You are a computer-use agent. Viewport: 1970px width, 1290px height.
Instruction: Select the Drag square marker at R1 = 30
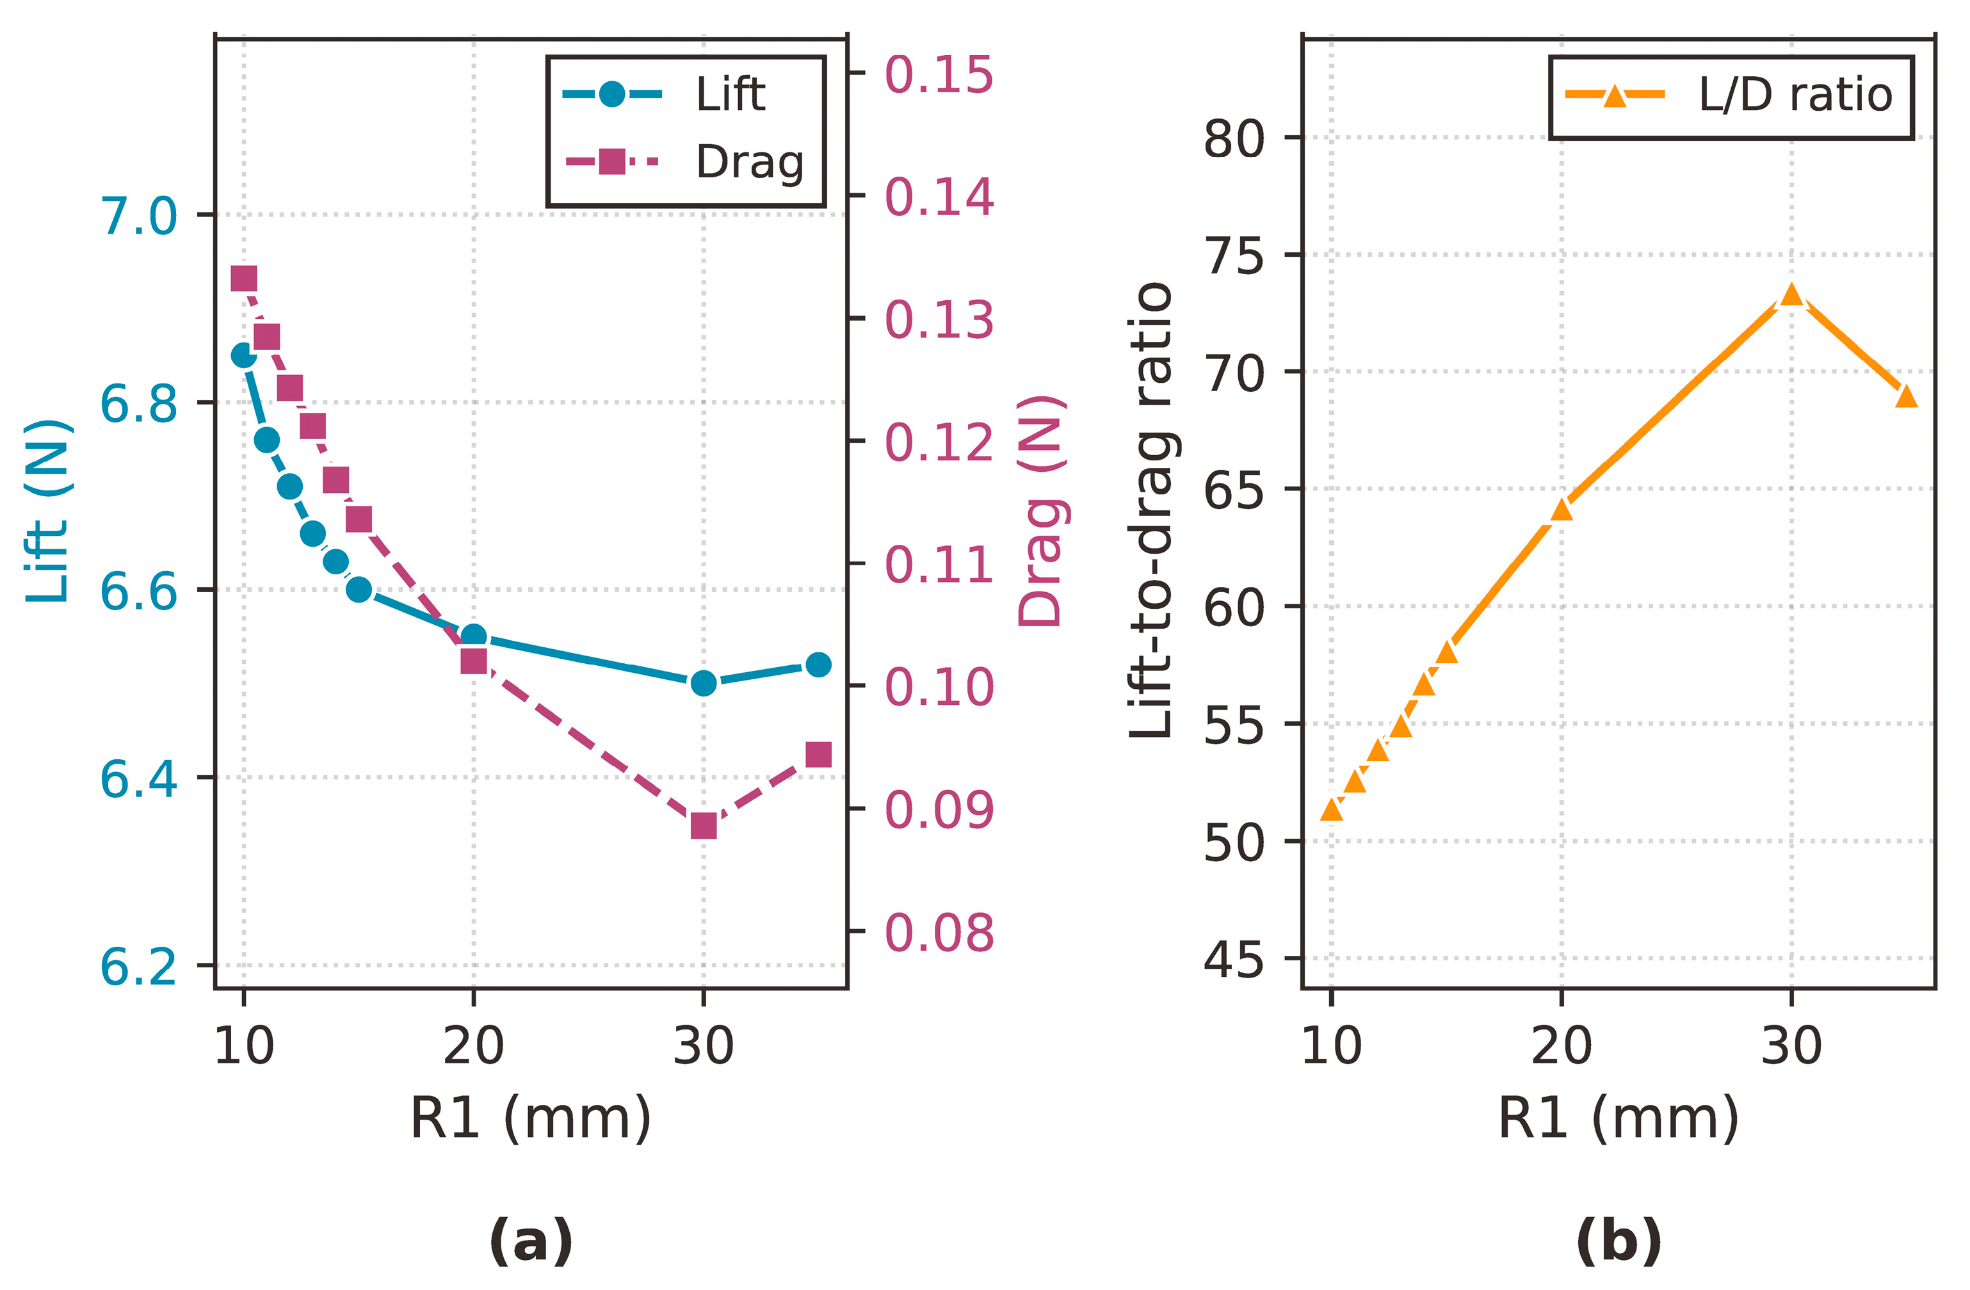pyautogui.click(x=704, y=826)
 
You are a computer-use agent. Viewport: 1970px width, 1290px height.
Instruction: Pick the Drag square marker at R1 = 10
pyautogui.click(x=243, y=279)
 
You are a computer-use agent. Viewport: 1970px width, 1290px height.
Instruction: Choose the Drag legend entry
pyautogui.click(x=684, y=161)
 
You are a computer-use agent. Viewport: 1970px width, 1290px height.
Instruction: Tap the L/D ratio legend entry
pyautogui.click(x=1729, y=95)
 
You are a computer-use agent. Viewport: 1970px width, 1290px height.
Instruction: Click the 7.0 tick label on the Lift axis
pyautogui.click(x=138, y=216)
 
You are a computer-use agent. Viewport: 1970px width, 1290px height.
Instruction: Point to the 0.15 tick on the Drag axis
pyautogui.click(x=939, y=74)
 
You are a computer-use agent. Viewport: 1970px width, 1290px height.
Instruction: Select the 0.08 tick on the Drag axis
pyautogui.click(x=939, y=933)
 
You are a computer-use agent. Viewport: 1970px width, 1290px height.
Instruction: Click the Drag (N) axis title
pyautogui.click(x=1040, y=510)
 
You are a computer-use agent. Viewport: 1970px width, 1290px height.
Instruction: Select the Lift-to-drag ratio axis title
pyautogui.click(x=1152, y=510)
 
